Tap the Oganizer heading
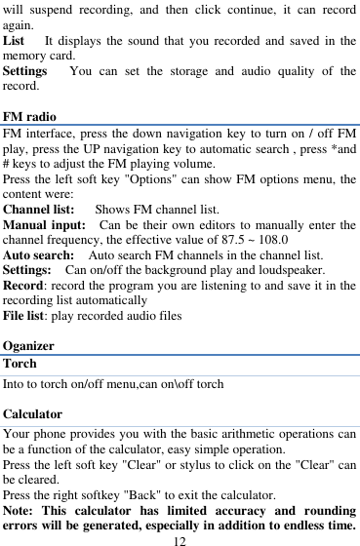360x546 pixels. pos(29,345)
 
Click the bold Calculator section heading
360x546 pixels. pos(34,413)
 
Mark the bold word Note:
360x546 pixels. pos(20,511)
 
